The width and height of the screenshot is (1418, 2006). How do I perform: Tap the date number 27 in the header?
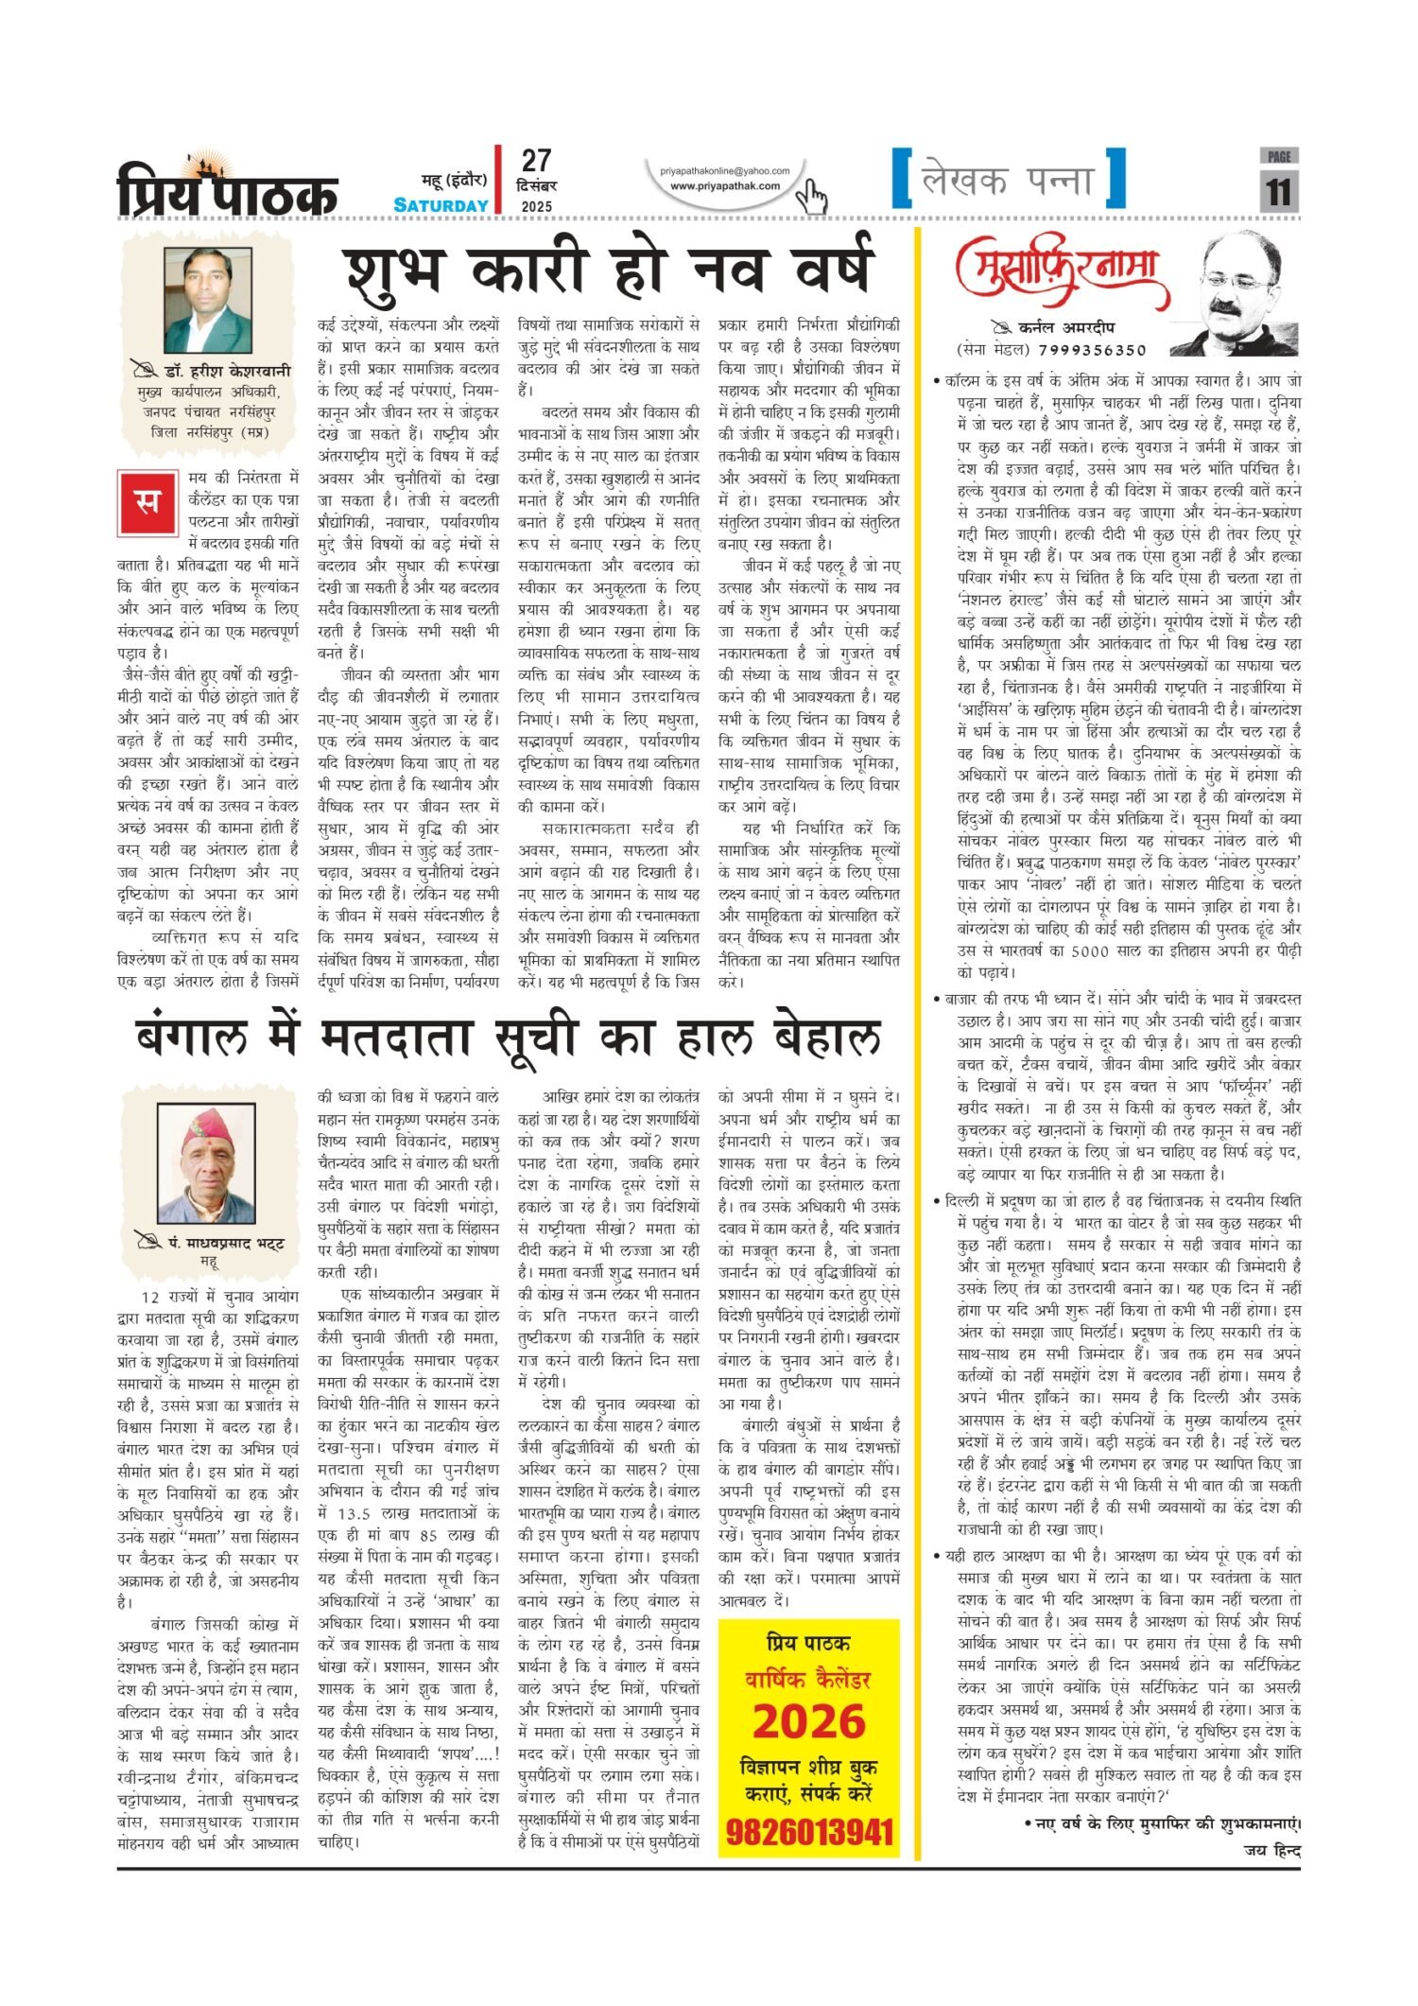click(x=536, y=161)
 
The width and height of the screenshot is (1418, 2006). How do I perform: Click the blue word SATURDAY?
click(x=441, y=205)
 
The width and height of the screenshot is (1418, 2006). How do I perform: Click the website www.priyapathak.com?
click(x=725, y=186)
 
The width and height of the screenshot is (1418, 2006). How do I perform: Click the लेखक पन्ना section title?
click(x=1008, y=180)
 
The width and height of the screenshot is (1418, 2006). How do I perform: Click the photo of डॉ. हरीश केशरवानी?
click(x=208, y=300)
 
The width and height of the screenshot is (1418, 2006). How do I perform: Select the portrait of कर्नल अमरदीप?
click(x=1248, y=295)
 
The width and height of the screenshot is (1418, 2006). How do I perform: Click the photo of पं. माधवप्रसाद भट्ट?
click(x=207, y=1164)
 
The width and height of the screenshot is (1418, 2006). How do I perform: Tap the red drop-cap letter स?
click(x=145, y=499)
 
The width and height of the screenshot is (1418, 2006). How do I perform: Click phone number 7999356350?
click(x=1096, y=350)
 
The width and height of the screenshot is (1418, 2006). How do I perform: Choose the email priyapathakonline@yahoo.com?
click(x=725, y=171)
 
